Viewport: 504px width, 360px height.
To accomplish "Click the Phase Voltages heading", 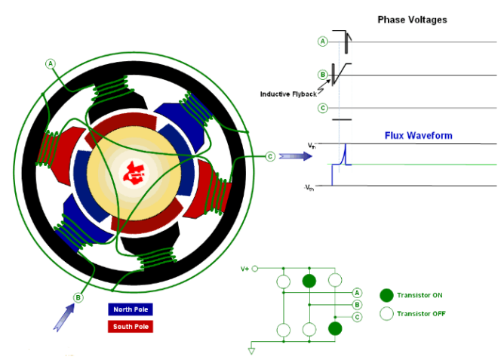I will pos(412,20).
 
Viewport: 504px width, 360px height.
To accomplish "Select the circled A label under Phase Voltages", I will pos(323,42).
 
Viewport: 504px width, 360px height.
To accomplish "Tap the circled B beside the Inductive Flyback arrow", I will pos(323,75).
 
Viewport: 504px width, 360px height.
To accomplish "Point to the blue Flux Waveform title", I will pos(418,136).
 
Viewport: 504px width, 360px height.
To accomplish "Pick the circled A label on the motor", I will pos(51,63).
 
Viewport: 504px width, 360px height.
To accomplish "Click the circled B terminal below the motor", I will pos(78,298).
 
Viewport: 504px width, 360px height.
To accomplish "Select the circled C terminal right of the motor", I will pos(270,157).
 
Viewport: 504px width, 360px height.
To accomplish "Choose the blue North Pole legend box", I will pos(131,309).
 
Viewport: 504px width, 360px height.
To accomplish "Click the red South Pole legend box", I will pos(131,327).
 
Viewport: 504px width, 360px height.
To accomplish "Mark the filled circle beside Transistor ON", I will pos(386,294).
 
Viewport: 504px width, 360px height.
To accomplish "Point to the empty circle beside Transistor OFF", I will pos(386,313).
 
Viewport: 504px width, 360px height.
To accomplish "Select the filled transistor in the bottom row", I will pos(335,328).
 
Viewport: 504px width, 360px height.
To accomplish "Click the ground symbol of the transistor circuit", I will pos(252,349).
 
